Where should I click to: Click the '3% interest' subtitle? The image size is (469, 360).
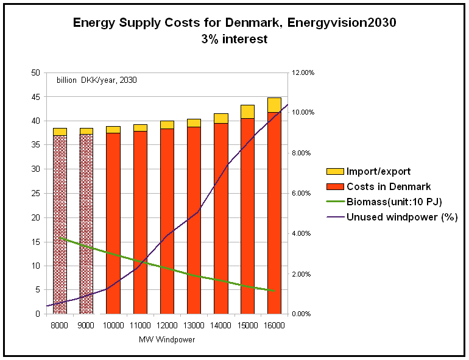coord(234,39)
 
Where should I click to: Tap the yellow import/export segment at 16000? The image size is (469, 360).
coord(274,105)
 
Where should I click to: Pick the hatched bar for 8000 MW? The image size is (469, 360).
coord(60,225)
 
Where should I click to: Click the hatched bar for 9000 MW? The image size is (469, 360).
coord(86,225)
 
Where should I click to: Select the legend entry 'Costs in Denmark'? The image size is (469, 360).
coord(388,186)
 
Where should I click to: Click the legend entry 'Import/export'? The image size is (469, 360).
coord(378,171)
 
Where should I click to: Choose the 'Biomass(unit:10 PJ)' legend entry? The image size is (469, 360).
coord(394,202)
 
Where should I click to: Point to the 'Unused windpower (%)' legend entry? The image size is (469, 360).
coord(401,217)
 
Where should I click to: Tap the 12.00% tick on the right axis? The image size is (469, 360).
coord(303,72)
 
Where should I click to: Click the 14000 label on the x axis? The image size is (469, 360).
coord(220,326)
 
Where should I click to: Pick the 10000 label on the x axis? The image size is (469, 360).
coord(113,326)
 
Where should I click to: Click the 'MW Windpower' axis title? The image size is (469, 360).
coord(167,339)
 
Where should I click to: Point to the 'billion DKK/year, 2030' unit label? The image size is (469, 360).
coord(97,80)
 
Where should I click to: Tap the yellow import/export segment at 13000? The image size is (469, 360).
coord(194,123)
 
